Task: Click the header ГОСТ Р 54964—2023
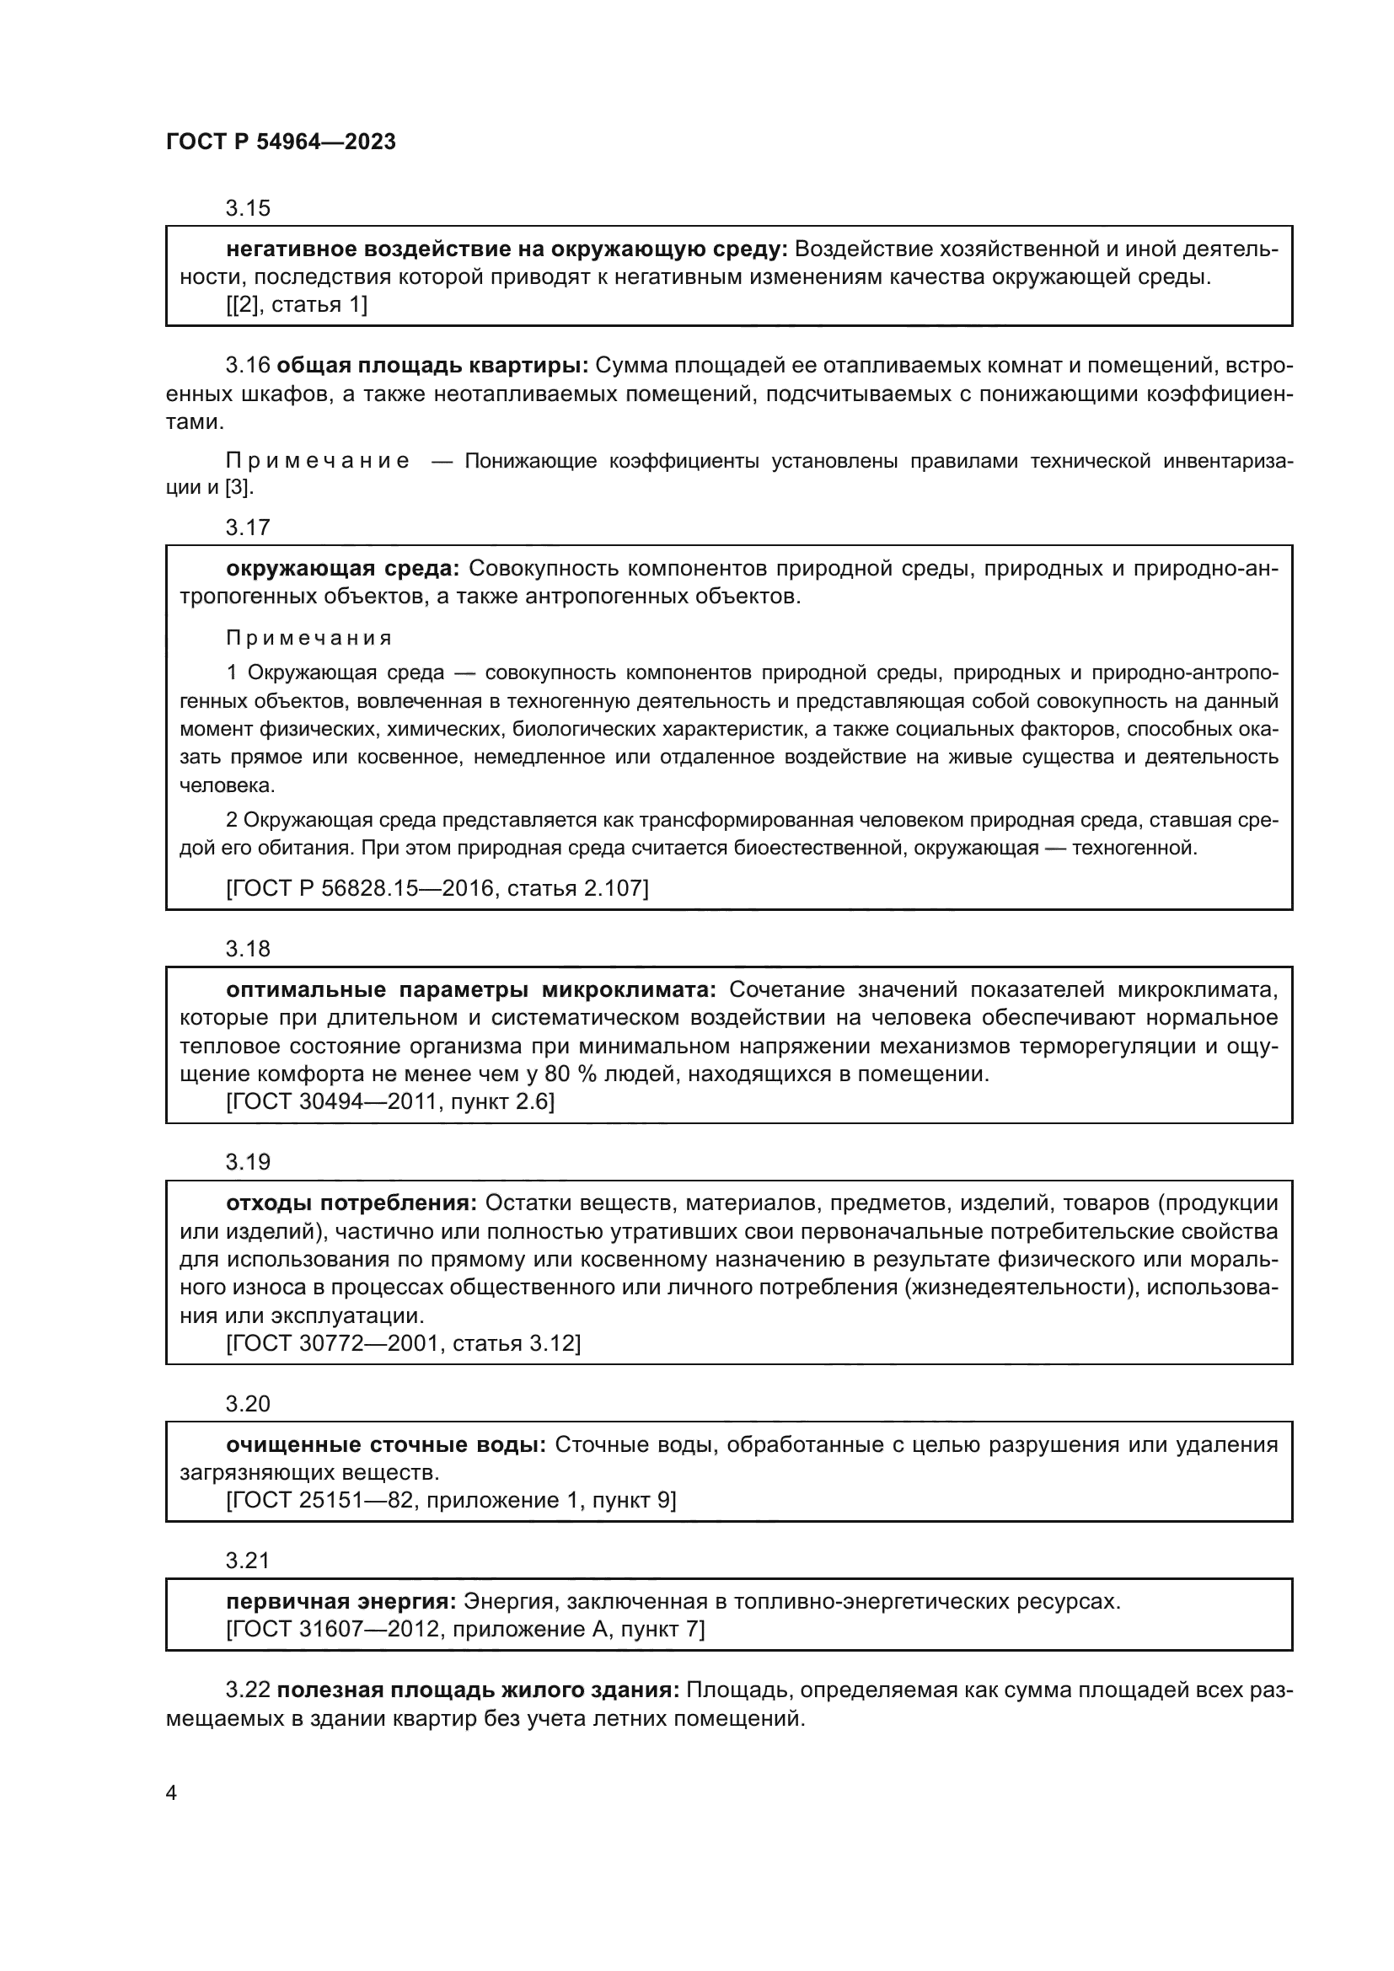click(281, 142)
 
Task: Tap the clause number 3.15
click(247, 209)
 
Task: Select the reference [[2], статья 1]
click(296, 305)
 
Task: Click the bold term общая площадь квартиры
click(432, 366)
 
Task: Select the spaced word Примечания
click(309, 639)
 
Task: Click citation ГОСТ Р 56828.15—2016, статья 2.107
click(437, 888)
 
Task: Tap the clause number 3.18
click(247, 950)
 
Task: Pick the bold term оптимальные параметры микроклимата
click(470, 991)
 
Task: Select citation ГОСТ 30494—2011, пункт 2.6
click(389, 1102)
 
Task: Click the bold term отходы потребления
click(351, 1203)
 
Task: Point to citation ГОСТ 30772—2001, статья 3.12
click(403, 1344)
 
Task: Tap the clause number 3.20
click(247, 1405)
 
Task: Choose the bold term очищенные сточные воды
click(385, 1446)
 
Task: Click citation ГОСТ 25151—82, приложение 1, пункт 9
click(451, 1502)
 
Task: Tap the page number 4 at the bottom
click(171, 1793)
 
